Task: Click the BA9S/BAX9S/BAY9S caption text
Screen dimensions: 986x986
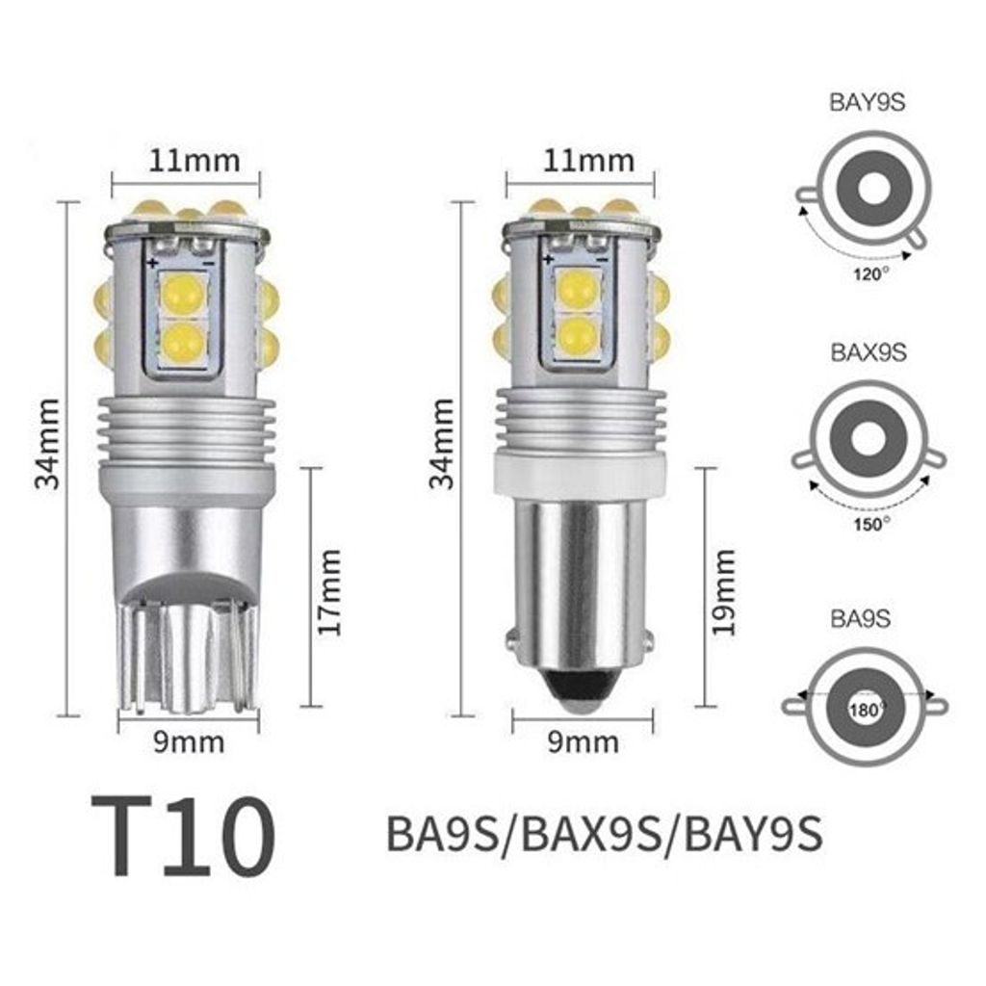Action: (x=604, y=834)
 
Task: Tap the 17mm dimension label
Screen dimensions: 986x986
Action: (x=330, y=591)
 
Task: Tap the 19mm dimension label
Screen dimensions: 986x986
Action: (x=724, y=591)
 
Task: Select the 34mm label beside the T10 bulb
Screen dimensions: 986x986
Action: (x=48, y=442)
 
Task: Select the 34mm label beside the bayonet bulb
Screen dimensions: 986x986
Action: (x=442, y=442)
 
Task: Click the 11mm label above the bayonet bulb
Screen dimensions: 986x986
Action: (x=581, y=160)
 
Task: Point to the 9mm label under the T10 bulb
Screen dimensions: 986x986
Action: (x=187, y=742)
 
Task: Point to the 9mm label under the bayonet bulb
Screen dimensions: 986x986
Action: (x=582, y=742)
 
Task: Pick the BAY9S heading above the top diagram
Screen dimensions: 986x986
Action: (x=868, y=103)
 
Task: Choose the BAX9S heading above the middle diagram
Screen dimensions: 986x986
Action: (x=868, y=351)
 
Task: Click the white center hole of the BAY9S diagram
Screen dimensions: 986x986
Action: (x=872, y=191)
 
